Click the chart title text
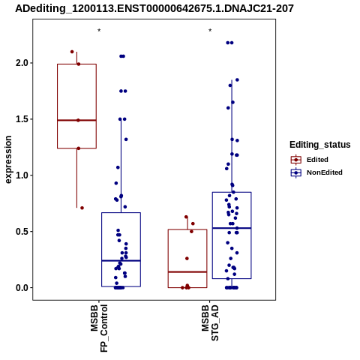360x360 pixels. (154, 8)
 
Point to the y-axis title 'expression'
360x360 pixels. (8, 160)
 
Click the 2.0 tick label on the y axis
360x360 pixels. (22, 63)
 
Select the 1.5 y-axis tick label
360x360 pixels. (22, 119)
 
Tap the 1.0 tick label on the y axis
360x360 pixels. (22, 175)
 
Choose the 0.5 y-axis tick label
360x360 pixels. (22, 232)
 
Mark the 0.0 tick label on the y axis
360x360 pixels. (22, 288)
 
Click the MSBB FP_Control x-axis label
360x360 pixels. (99, 328)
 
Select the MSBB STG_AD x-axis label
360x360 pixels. (210, 322)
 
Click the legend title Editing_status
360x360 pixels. (319, 145)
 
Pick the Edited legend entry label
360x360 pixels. (317, 160)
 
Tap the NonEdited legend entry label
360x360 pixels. (325, 172)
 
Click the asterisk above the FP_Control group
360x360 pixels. (99, 31)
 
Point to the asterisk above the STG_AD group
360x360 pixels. (210, 31)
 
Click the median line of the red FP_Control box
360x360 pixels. (76, 120)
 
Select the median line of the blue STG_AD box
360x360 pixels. (232, 228)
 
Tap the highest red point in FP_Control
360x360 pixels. (72, 52)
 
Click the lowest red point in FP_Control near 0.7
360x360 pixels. (82, 208)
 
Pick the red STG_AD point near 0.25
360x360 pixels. (187, 259)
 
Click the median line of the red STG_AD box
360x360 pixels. (187, 271)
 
